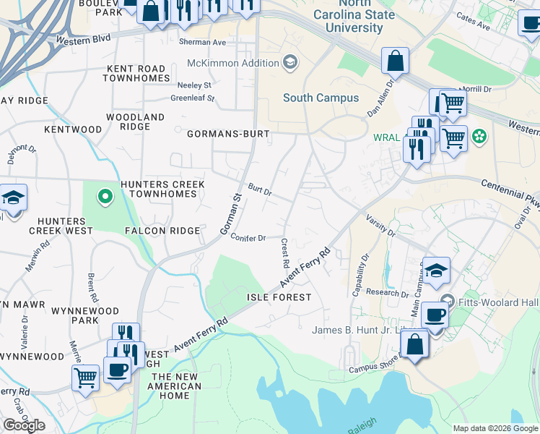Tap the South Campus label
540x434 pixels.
321,98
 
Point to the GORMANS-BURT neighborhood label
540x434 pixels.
228,134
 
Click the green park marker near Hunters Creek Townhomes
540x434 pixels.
105,195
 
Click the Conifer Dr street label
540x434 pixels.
248,237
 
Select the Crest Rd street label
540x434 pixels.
285,251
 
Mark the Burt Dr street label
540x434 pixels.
259,189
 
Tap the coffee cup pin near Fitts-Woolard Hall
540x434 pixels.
435,316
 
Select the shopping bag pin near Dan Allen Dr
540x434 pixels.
396,62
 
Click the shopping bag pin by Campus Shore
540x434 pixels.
415,345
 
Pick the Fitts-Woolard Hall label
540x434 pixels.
490,299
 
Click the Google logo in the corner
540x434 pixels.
24,425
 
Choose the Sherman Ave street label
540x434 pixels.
202,43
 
